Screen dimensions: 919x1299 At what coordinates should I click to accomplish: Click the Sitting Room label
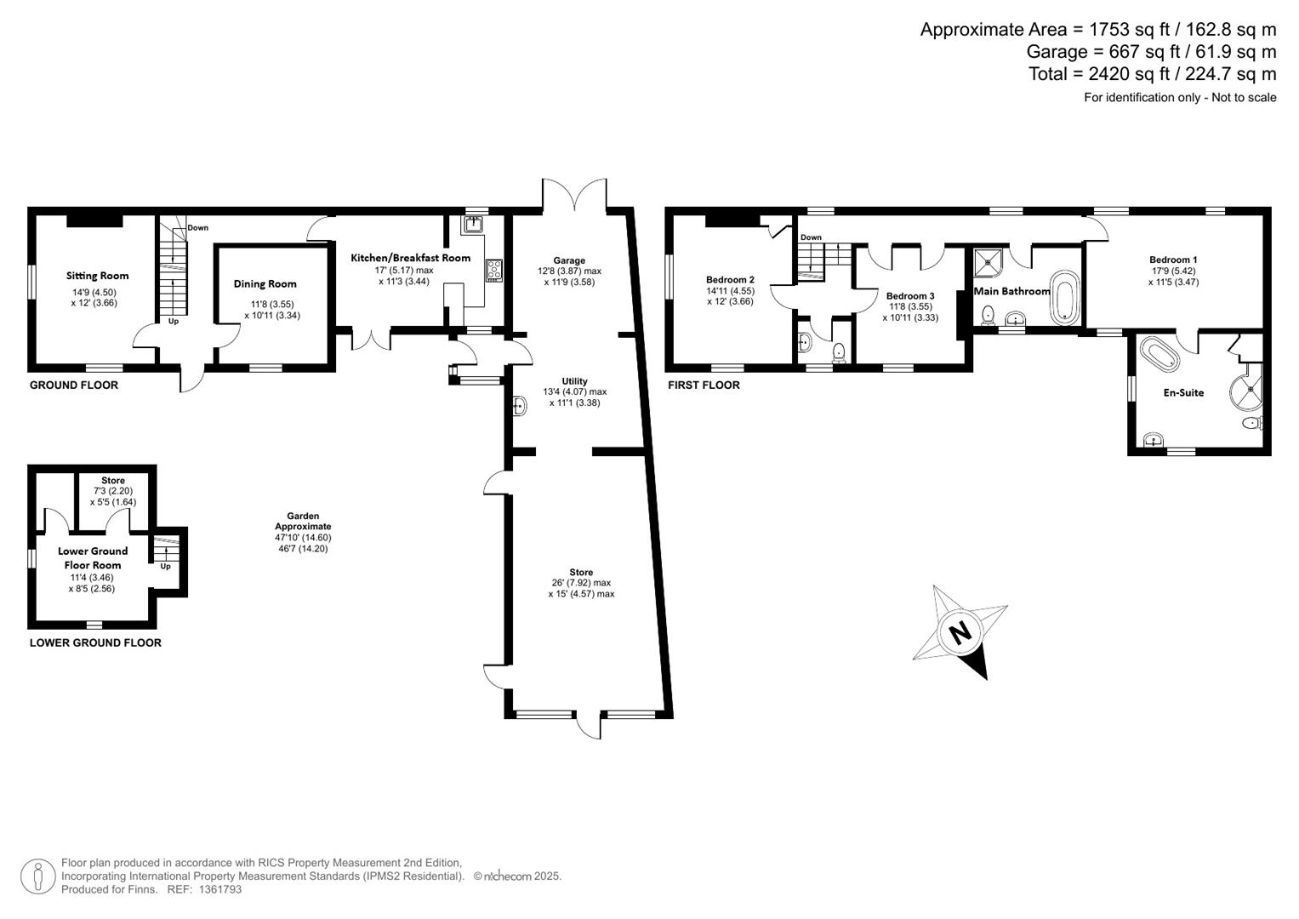coord(98,276)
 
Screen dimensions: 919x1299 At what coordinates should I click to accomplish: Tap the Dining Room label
coord(265,284)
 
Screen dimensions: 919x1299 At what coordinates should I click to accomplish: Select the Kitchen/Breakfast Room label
coord(410,258)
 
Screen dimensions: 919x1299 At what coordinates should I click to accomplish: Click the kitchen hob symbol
coord(494,271)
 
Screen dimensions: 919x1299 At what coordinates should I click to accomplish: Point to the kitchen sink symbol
coord(473,225)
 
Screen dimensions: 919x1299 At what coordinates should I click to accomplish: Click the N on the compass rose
coord(960,633)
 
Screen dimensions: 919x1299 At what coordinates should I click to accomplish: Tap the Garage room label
coord(569,261)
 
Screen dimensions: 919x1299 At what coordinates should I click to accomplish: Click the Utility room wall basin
coord(520,407)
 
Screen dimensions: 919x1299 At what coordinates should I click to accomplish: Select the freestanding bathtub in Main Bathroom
coord(1064,298)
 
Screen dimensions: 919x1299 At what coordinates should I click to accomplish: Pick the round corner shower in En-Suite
coord(1247,390)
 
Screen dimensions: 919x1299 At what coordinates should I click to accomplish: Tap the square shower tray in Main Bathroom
coord(988,263)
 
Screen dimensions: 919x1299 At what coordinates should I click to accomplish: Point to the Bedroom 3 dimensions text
coord(910,312)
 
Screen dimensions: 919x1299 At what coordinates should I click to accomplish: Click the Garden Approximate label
coord(303,521)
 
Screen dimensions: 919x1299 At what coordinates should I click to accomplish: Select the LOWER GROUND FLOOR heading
coord(95,643)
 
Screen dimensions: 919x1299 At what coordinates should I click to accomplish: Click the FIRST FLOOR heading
coord(704,385)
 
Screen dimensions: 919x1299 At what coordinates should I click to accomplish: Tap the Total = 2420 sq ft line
coord(1152,74)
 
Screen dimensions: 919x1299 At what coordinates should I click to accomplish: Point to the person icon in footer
coord(37,876)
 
